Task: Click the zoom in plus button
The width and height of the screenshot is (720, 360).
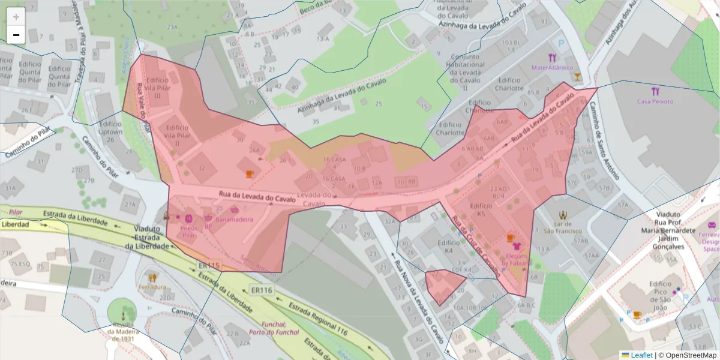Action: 16,17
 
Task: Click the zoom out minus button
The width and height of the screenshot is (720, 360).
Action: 16,35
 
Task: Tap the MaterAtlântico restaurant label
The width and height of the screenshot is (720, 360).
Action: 552,68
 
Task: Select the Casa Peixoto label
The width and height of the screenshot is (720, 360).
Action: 655,101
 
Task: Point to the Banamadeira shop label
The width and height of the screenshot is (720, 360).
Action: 234,220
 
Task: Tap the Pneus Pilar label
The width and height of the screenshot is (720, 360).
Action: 188,231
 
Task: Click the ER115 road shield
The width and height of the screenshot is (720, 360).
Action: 209,266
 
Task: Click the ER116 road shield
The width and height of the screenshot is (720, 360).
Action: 262,290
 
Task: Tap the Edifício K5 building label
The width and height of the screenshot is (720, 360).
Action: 481,209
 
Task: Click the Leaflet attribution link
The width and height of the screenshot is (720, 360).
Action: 641,355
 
